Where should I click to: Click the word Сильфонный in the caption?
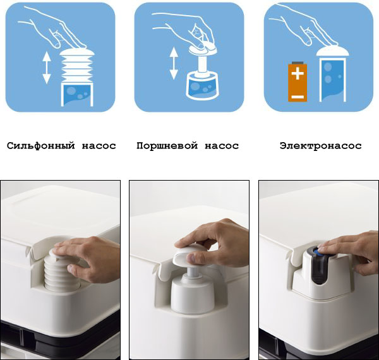pos(41,146)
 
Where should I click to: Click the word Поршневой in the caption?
pos(167,146)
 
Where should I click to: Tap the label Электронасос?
pos(321,146)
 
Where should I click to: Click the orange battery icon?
pos(298,82)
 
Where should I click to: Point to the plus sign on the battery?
pos(298,73)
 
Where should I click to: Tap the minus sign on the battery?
pos(298,97)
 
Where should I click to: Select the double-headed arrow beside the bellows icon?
pos(47,68)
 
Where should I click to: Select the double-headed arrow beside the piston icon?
pos(174,63)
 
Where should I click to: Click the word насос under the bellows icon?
pos(99,146)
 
